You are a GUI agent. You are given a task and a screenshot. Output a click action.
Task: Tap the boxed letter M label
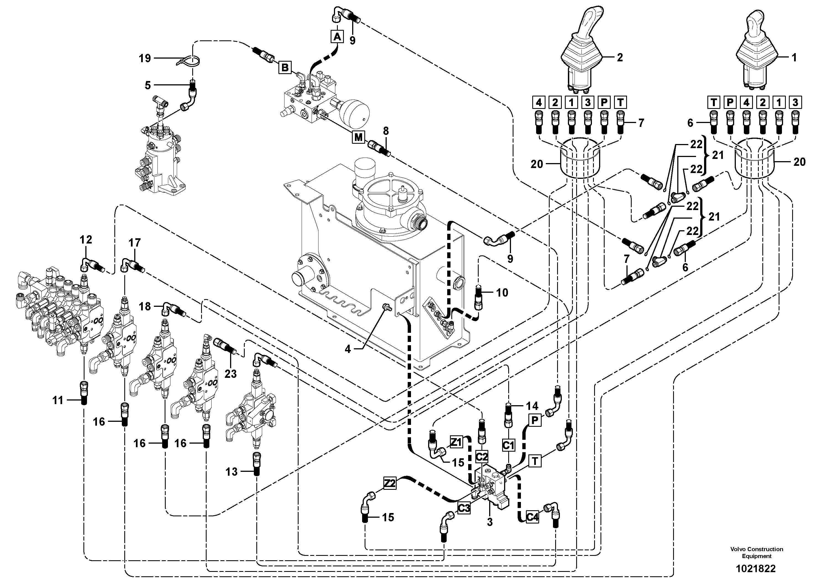(x=358, y=137)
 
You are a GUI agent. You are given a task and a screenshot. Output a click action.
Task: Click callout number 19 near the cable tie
(x=145, y=58)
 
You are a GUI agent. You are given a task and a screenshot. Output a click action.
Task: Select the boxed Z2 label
(x=390, y=483)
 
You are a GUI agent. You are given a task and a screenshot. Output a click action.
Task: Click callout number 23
(x=231, y=374)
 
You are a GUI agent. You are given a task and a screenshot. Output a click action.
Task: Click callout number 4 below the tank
(x=348, y=349)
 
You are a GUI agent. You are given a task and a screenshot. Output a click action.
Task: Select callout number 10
(x=502, y=293)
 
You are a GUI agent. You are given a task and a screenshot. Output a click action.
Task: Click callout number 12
(x=86, y=239)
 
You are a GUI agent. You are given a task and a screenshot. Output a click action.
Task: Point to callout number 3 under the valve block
(x=490, y=522)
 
